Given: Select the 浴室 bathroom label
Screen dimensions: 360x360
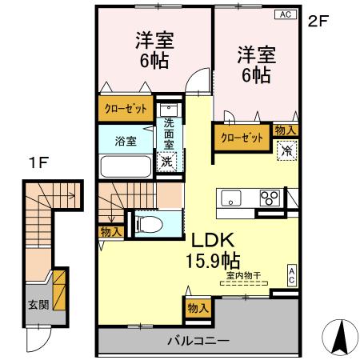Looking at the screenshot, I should (125, 141).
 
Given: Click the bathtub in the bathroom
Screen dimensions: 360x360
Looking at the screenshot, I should (125, 167).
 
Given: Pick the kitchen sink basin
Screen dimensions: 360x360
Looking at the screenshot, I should (231, 198).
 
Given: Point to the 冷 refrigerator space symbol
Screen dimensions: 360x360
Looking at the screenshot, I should (286, 150).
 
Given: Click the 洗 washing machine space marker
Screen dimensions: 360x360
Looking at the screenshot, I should (166, 162).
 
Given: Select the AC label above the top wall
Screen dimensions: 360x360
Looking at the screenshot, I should (284, 14).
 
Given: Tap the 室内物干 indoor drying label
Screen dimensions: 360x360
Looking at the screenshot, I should (241, 277).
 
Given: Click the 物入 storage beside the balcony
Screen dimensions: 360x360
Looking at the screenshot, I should (198, 307).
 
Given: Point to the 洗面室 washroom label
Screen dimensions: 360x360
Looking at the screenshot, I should (170, 134).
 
